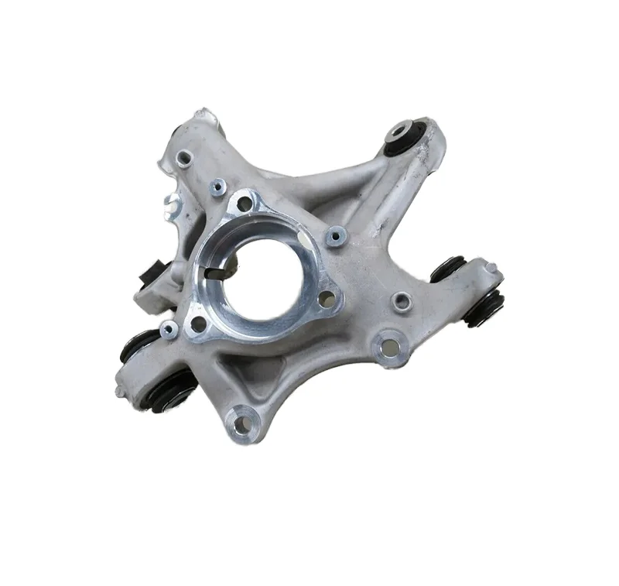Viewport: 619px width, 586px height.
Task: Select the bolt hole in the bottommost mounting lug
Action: tap(243, 423)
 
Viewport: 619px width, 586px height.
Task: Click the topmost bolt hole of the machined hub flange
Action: tap(245, 204)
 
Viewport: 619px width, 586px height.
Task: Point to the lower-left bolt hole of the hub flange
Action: tap(198, 323)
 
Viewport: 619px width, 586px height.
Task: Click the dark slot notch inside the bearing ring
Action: tap(219, 271)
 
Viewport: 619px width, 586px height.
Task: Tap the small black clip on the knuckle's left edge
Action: tap(149, 274)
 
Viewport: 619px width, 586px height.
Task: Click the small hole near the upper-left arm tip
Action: tap(183, 158)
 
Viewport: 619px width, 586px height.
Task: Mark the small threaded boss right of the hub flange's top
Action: tap(335, 235)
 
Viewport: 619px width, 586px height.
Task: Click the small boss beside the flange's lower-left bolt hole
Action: tap(169, 330)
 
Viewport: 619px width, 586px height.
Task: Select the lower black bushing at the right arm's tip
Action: tap(483, 308)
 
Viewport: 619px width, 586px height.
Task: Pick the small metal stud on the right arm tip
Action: tap(491, 268)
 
